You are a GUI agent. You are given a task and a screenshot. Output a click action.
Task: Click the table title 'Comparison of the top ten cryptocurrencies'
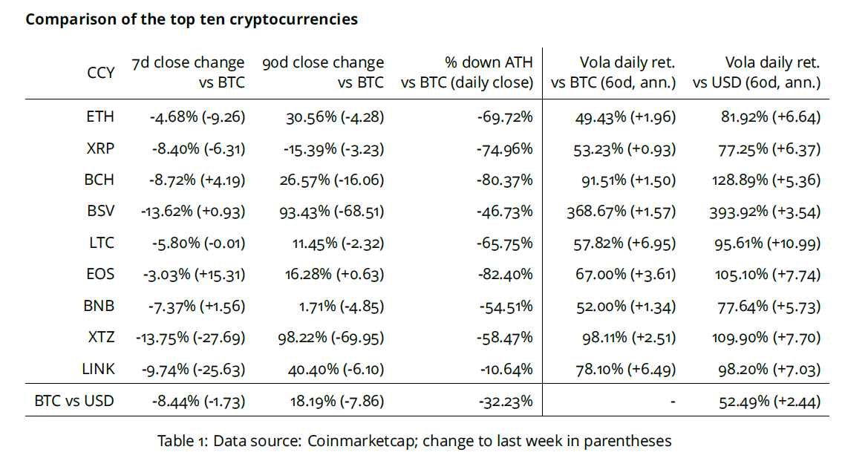coord(192,19)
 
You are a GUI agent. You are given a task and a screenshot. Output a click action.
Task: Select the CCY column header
coord(101,73)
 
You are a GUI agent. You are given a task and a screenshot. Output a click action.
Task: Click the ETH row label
coord(100,117)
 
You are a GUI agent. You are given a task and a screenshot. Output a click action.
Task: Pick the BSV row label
coord(100,212)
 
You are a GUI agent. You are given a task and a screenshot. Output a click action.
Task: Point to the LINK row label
coord(98,369)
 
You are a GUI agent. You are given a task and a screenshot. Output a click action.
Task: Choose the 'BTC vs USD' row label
coord(74,402)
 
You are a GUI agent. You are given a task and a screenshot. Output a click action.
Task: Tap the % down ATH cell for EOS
coord(505,275)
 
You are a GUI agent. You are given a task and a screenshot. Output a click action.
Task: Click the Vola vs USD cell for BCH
coord(766,180)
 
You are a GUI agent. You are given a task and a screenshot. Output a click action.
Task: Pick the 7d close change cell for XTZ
coord(191,338)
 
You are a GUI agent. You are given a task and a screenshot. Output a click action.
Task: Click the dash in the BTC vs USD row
coord(671,402)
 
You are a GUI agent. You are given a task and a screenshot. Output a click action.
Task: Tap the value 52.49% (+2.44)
coord(769,402)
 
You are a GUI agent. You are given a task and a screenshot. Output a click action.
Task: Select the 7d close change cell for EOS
coord(193,275)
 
